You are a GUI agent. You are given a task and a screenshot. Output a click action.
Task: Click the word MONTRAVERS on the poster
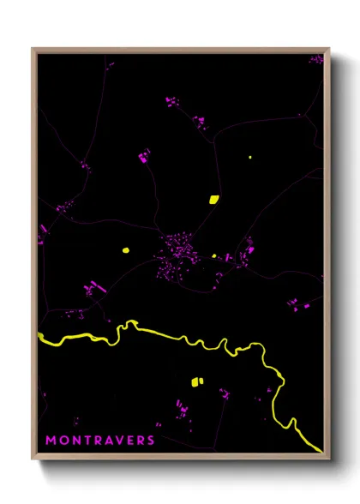coord(99,440)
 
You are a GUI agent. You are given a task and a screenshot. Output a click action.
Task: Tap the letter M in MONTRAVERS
coord(51,440)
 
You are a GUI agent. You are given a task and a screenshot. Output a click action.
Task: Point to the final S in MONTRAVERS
coord(151,440)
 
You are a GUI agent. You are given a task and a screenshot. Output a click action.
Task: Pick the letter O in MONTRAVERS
coord(63,440)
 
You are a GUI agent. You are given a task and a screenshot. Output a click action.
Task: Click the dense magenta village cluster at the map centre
coord(180,250)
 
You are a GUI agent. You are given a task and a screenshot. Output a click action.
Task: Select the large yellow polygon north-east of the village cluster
coord(213,200)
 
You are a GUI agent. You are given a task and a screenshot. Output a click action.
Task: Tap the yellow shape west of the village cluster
coord(125,250)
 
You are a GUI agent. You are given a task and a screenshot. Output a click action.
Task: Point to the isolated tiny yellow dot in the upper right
coord(249,157)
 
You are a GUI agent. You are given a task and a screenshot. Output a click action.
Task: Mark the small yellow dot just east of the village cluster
coord(214,255)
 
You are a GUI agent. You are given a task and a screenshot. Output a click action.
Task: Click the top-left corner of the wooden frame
coord(33,49)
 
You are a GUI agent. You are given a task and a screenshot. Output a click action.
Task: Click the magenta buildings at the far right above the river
coord(296,303)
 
